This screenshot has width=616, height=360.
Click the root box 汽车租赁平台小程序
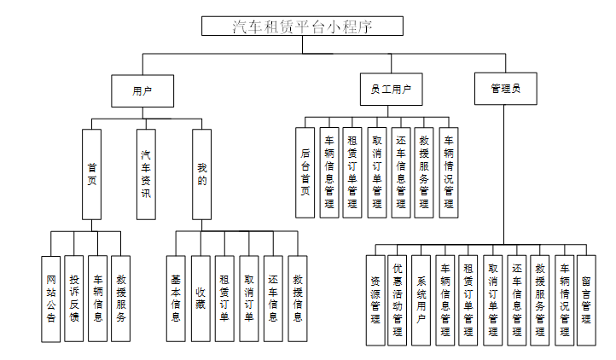point(301,26)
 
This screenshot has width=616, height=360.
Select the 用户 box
point(142,90)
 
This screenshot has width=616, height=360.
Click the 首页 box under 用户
point(92,173)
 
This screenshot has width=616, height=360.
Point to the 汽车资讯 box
point(146,173)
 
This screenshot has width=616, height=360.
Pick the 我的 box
point(201,173)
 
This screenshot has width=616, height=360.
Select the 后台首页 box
point(305,172)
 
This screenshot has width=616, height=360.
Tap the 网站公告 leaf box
point(51,298)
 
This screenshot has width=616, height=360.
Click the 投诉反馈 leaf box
point(75,298)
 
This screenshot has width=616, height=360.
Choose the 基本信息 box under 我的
point(176,298)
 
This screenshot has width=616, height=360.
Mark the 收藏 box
point(200,298)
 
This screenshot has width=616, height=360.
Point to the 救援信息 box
point(298,298)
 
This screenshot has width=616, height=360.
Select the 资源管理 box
point(376,299)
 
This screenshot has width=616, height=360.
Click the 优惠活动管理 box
point(398,299)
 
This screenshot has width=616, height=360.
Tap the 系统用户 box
point(421,299)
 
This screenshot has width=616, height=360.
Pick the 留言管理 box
point(586,299)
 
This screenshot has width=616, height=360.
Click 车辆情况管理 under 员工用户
point(449,172)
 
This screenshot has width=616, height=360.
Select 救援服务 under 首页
point(122,298)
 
